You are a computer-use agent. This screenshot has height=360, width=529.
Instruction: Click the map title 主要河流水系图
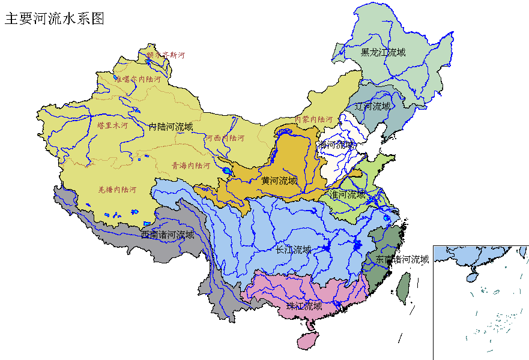55,19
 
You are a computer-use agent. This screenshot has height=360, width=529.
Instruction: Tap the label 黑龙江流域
383,52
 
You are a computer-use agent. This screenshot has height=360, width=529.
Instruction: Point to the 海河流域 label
337,145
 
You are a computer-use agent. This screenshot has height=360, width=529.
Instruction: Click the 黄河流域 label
279,180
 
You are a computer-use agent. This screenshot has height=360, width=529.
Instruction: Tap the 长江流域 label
294,250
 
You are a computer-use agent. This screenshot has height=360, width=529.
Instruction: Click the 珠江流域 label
304,306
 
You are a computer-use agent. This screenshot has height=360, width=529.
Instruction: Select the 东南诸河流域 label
402,259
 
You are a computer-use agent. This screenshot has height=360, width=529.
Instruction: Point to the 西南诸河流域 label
168,235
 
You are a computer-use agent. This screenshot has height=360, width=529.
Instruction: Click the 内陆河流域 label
171,127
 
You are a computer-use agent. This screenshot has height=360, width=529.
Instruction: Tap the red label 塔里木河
112,125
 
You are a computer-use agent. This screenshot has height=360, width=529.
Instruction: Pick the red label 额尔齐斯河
165,55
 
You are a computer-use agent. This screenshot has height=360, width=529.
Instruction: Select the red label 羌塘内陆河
117,190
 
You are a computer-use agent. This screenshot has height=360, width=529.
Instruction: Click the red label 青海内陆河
191,165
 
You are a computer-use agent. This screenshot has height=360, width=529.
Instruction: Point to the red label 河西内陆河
225,138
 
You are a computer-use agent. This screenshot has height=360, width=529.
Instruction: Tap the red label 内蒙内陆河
313,119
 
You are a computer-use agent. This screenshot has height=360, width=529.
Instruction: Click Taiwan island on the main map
405,287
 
